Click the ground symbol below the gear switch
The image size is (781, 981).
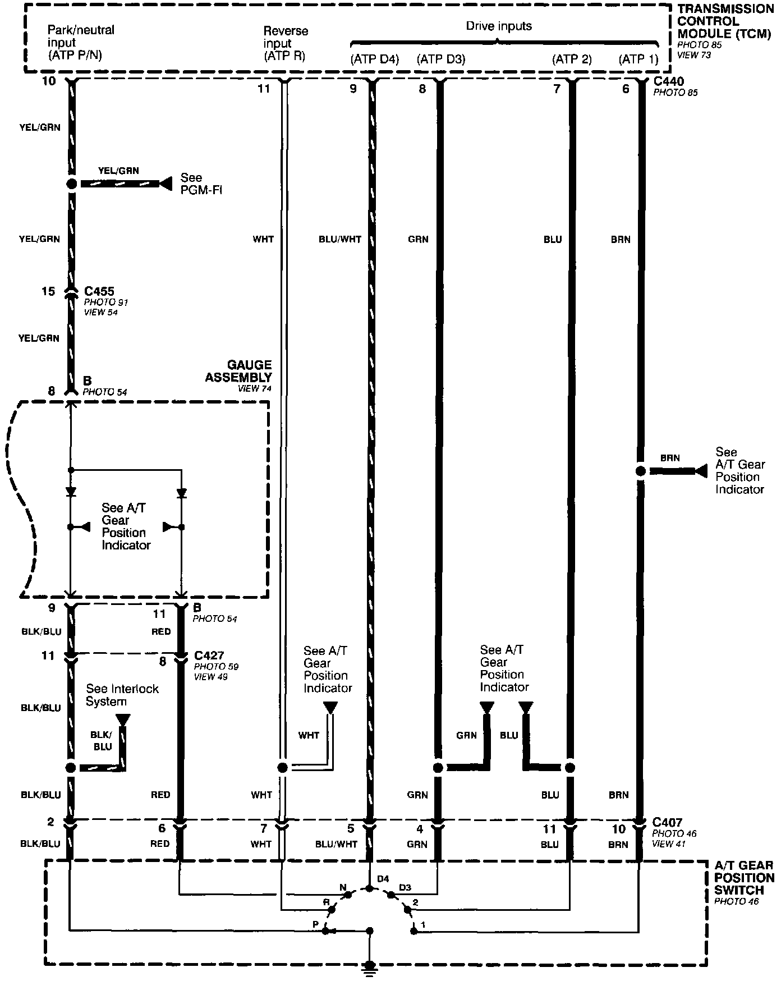(369, 967)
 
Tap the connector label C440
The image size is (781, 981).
(669, 82)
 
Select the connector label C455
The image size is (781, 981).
(99, 291)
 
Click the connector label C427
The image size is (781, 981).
(209, 655)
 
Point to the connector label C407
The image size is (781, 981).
(667, 823)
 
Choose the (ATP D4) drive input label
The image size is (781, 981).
(374, 59)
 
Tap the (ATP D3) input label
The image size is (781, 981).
(441, 59)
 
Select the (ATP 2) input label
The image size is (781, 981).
(572, 59)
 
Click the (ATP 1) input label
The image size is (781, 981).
(638, 59)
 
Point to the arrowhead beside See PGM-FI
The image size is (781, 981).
(166, 184)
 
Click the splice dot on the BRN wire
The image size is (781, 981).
(640, 471)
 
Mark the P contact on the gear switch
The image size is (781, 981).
(325, 930)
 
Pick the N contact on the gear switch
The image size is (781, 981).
(346, 893)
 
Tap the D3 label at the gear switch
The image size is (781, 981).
(405, 887)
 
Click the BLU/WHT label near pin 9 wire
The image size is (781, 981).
(340, 240)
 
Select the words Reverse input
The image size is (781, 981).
(286, 37)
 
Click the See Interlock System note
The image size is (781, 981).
(122, 695)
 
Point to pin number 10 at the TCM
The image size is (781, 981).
(49, 81)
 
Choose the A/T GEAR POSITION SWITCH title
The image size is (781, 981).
(743, 878)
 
